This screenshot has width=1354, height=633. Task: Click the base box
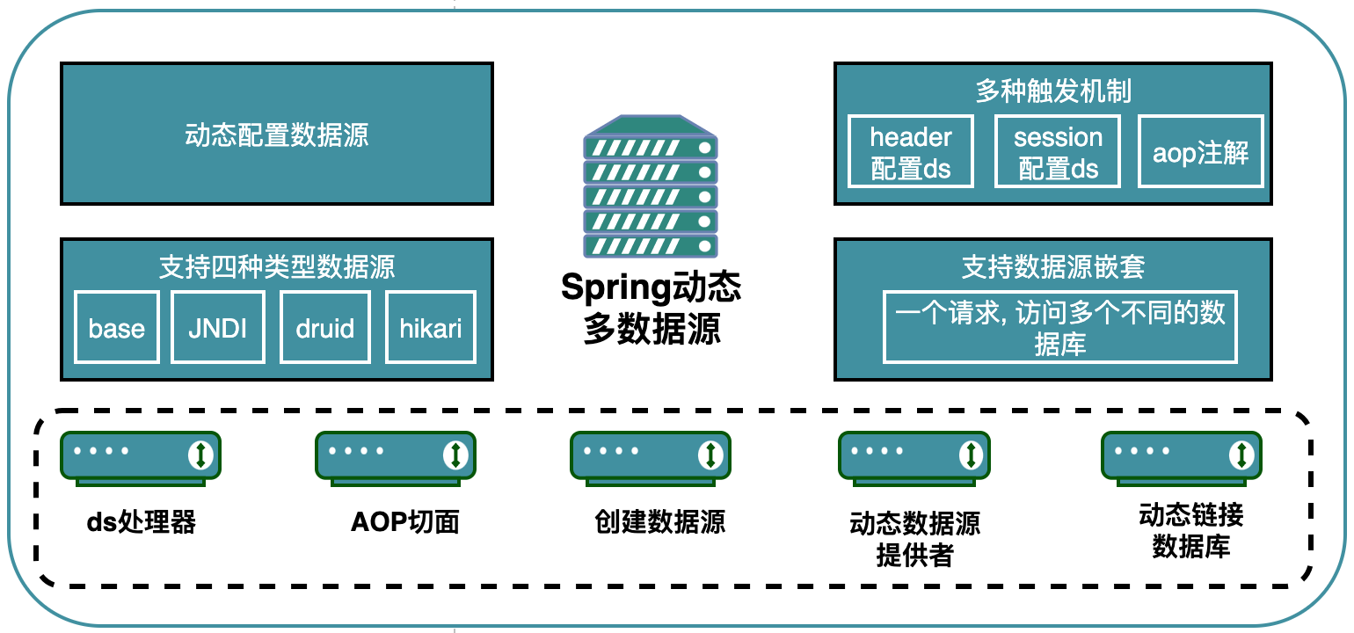click(x=117, y=327)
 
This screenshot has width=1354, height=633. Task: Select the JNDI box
click(x=218, y=327)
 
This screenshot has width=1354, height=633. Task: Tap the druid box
click(x=325, y=327)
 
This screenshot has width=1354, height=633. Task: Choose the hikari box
click(x=431, y=327)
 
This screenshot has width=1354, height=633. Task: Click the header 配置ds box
click(x=910, y=152)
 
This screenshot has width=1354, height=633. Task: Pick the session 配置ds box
click(x=1058, y=152)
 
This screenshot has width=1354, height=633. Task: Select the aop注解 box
click(x=1200, y=152)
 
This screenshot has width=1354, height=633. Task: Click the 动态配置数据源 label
click(x=277, y=135)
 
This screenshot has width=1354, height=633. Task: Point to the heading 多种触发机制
click(x=1053, y=91)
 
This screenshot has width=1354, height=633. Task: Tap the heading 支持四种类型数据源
click(x=277, y=266)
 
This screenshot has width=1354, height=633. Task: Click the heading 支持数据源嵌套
click(x=1053, y=266)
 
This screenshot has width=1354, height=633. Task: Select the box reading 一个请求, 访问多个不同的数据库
click(x=1059, y=327)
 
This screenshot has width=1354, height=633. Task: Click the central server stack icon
click(x=651, y=186)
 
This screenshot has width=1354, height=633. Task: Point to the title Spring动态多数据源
click(x=651, y=307)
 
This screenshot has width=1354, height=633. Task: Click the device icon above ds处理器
click(x=141, y=458)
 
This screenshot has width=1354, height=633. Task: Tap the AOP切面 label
click(x=405, y=521)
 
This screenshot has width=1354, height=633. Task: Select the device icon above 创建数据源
click(x=651, y=458)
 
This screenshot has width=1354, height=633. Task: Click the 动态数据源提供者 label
click(x=914, y=539)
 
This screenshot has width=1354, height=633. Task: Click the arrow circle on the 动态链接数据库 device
click(x=1241, y=455)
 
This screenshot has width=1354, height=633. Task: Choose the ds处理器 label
click(x=142, y=521)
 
